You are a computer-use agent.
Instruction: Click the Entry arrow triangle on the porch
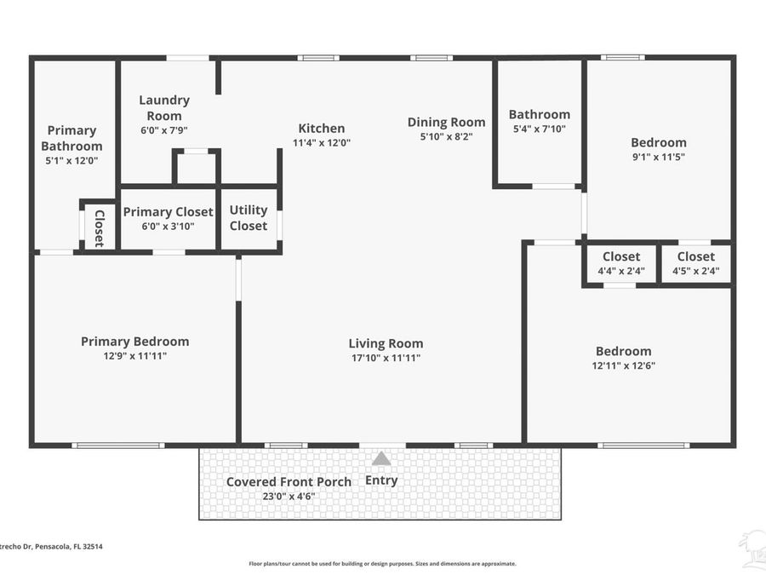[381, 458]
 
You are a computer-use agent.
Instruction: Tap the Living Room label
[386, 343]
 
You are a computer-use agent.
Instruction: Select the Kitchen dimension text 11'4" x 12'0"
[321, 143]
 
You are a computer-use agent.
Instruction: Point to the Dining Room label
[446, 122]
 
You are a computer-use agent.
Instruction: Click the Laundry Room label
[164, 107]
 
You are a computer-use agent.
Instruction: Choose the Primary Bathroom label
[71, 138]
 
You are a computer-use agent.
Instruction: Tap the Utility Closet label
[249, 217]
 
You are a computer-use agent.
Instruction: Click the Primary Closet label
[168, 212]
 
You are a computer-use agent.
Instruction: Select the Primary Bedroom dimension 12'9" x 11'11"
[134, 356]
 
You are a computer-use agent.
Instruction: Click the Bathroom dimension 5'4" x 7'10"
[540, 129]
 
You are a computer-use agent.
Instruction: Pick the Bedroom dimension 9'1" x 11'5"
[658, 157]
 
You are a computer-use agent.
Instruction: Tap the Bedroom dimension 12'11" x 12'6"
[624, 365]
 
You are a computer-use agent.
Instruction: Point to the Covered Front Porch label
[289, 481]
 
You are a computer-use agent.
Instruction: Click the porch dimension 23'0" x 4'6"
[289, 495]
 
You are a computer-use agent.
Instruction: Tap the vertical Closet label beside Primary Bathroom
[99, 227]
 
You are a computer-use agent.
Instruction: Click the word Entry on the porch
[381, 480]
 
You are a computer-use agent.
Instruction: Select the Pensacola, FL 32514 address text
[43, 547]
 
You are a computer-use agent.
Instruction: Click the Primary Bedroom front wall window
[117, 446]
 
